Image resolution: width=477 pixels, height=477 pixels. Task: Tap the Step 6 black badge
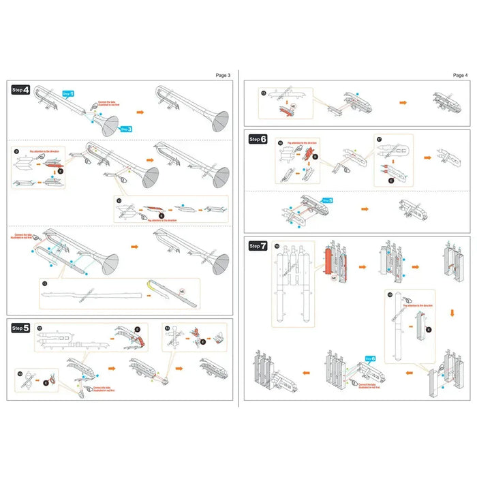tap(258, 139)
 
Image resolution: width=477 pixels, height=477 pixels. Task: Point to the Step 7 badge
tap(258, 245)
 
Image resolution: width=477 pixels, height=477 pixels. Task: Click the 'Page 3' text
tap(223, 75)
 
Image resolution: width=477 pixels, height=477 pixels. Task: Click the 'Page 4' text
tap(460, 75)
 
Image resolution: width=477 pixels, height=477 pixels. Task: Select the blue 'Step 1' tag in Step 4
tap(68, 93)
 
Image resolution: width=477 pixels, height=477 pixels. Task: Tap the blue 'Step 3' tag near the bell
tap(125, 128)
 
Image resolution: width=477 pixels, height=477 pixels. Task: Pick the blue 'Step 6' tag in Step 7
tap(371, 358)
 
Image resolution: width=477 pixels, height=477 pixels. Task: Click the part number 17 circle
tap(380, 139)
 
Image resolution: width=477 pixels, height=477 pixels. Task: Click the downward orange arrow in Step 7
tap(450, 313)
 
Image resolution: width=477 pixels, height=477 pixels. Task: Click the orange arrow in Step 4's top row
tap(142, 109)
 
